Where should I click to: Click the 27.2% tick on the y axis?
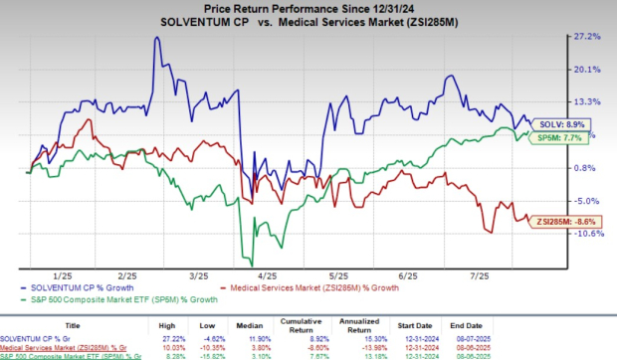pyautogui.click(x=587, y=37)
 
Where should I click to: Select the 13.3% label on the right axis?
pyautogui.click(x=587, y=102)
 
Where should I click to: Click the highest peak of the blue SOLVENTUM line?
pyautogui.click(x=156, y=39)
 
